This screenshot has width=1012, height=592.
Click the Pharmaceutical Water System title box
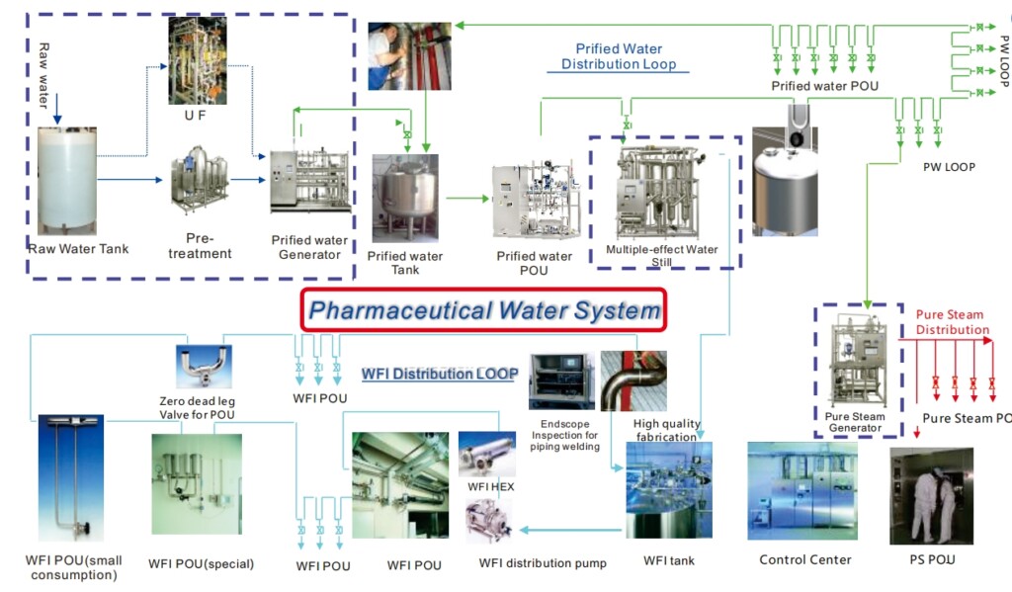pos(484,310)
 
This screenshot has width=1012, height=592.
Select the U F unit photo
pos(198,62)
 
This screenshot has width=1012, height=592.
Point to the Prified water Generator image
pos(310,181)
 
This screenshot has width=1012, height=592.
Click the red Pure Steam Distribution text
pos(951,322)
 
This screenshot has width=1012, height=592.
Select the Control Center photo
pos(802,491)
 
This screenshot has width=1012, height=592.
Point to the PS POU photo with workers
pos(931,495)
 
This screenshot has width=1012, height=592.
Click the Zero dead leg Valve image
pos(203,366)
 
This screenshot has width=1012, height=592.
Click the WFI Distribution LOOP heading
pos(440,375)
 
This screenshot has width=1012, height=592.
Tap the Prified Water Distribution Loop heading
pos(619,56)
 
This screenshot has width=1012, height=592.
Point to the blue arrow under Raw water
pos(57,104)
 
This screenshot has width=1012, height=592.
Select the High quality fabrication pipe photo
pos(633,381)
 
